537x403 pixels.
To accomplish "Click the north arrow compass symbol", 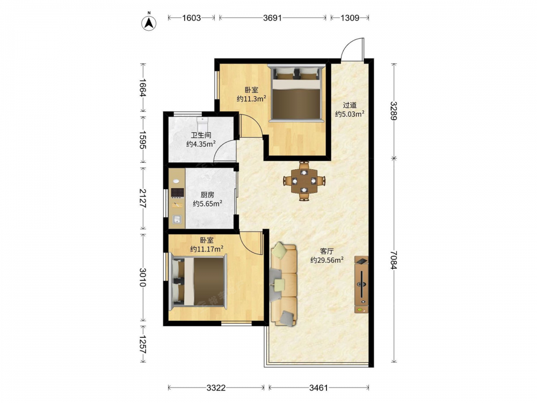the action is point(149,22).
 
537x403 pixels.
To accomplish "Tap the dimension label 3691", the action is point(272,18).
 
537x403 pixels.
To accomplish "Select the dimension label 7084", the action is point(394,260).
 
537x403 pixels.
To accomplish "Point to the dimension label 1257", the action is point(143,344).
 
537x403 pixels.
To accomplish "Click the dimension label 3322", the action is point(216,387).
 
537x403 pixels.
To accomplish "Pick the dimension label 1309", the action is point(350,18).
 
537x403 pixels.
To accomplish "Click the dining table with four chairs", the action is point(304,181).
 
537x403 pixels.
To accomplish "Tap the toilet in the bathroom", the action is point(203,122).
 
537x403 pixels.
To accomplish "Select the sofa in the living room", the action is point(284,284).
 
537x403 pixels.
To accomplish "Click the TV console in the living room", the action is point(361,284).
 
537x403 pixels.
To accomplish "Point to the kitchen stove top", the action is point(177,192).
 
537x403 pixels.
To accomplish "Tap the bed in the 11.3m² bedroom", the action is point(296,93).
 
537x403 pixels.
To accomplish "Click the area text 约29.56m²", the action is point(326,260).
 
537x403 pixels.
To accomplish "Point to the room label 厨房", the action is point(207,195).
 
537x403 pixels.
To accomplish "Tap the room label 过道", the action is point(350,105).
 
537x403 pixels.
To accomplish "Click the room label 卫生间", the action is point(201,135).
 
